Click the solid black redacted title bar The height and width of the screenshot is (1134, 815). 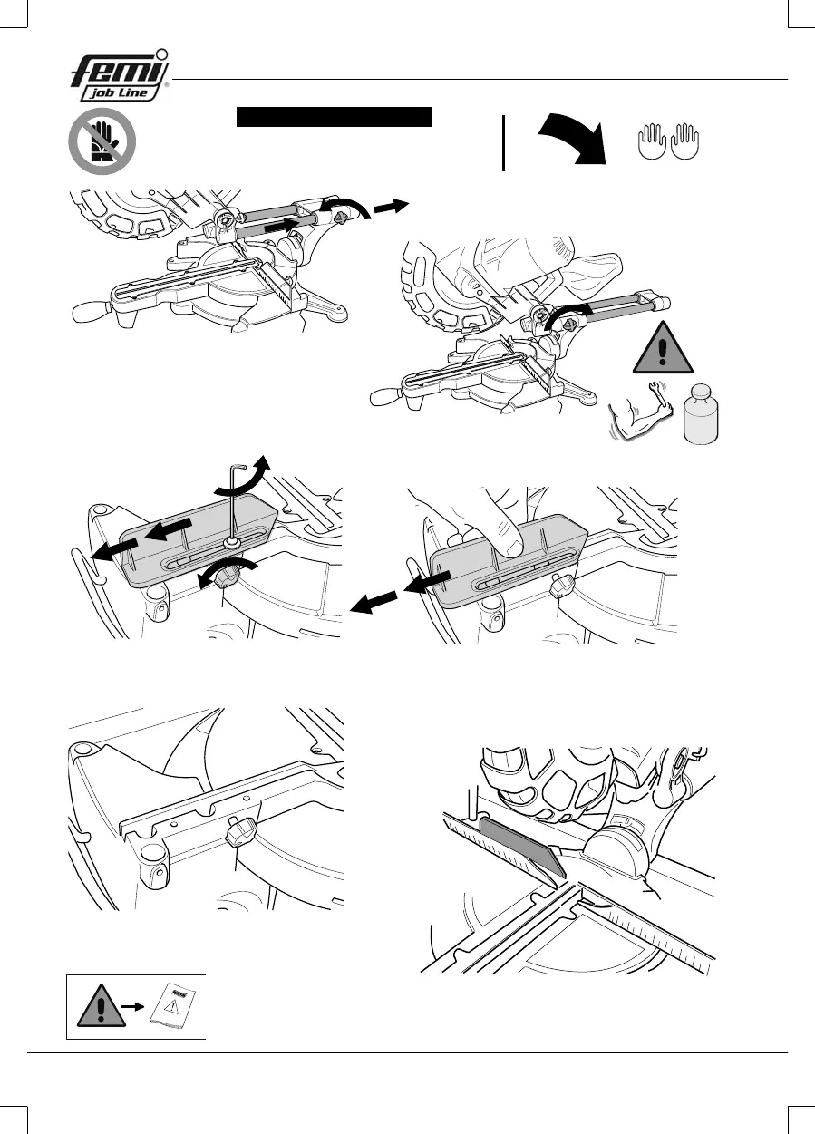[x=335, y=117]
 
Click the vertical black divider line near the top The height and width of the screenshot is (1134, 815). [x=503, y=143]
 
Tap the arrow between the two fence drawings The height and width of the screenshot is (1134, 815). [x=374, y=601]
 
